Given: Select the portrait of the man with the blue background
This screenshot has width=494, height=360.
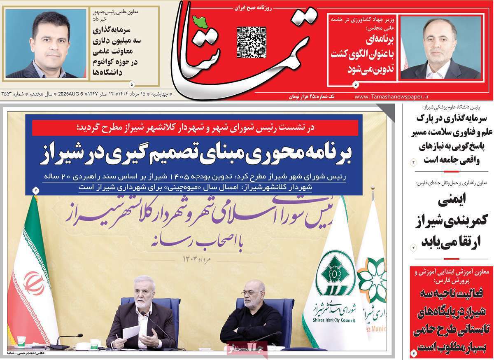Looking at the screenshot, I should [46, 43].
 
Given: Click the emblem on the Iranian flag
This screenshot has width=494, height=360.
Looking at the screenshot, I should [34, 283].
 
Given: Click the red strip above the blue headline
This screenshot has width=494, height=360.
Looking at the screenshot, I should [193, 128].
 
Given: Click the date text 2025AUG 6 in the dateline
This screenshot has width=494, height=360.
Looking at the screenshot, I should [70, 94].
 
